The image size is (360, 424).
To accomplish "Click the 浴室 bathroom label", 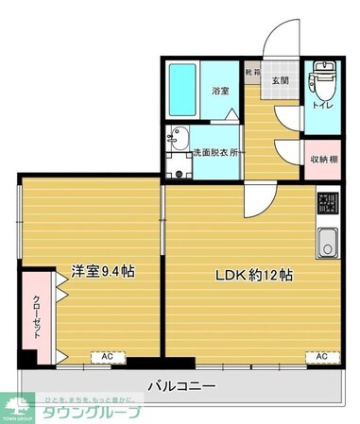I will coord(219,91).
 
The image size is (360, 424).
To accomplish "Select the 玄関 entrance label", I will coord(282,81).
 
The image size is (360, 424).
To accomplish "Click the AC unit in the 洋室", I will coord(108,356).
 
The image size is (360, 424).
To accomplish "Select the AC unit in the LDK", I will coord(321,356).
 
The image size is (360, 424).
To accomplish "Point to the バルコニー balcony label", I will coord(181,386).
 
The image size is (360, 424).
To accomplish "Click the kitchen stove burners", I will coord(327,203).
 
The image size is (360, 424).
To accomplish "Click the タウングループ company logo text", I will coord(90,412).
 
